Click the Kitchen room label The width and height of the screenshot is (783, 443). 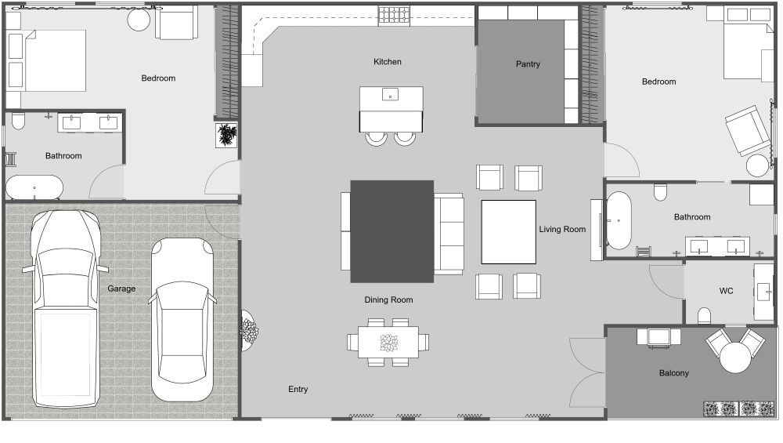click(388, 62)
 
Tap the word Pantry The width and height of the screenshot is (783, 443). click(528, 64)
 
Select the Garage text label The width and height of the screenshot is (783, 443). click(121, 289)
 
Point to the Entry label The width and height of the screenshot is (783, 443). click(298, 390)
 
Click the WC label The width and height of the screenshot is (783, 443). click(726, 291)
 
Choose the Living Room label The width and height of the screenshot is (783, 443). click(562, 230)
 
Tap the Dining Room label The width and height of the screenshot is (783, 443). click(388, 300)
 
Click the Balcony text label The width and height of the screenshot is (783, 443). click(673, 373)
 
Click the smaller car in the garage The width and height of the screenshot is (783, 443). click(182, 319)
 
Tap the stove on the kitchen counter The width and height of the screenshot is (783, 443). click(394, 15)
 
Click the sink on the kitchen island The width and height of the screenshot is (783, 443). click(391, 96)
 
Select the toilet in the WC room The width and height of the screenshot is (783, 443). click(704, 316)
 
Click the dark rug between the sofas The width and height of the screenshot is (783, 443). click(391, 231)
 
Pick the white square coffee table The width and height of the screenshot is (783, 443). click(508, 231)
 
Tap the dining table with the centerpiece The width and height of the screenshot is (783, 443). click(388, 343)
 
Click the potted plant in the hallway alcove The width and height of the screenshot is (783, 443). click(227, 135)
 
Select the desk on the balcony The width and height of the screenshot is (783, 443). click(659, 336)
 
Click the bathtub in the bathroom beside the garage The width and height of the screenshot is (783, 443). click(34, 187)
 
